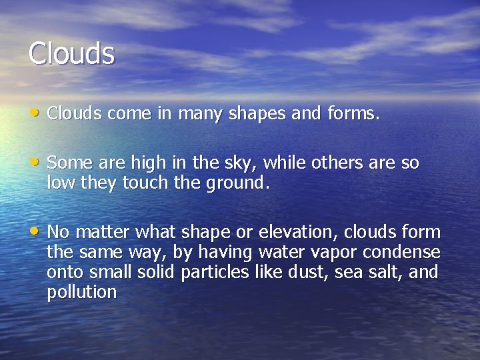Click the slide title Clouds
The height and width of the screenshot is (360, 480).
click(71, 53)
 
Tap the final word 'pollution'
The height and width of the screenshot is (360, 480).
click(82, 293)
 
